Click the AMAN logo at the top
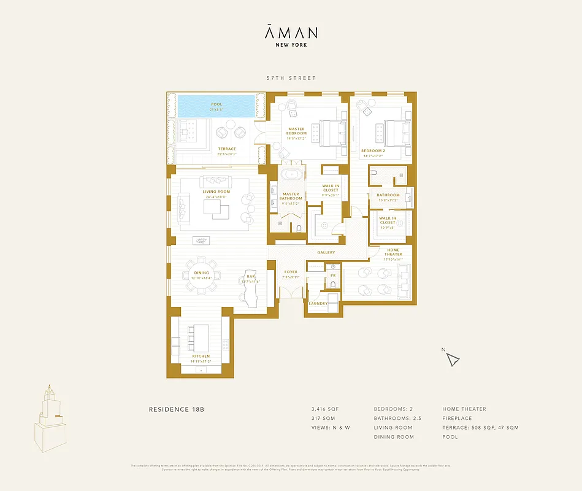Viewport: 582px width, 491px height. pos(291,32)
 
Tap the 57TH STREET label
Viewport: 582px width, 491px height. pos(291,78)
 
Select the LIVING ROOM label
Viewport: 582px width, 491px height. pos(216,191)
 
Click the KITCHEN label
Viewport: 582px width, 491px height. pos(201,356)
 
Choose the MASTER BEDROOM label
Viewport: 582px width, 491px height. pos(296,131)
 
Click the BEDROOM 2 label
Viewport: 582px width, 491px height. pos(373,150)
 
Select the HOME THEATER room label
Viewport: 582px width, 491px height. pos(393,252)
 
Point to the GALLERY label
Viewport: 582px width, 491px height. pos(326,252)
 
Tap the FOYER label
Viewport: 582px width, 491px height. pos(290,272)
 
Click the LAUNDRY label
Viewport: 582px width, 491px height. pos(318,304)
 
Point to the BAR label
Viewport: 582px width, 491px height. pos(251,277)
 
